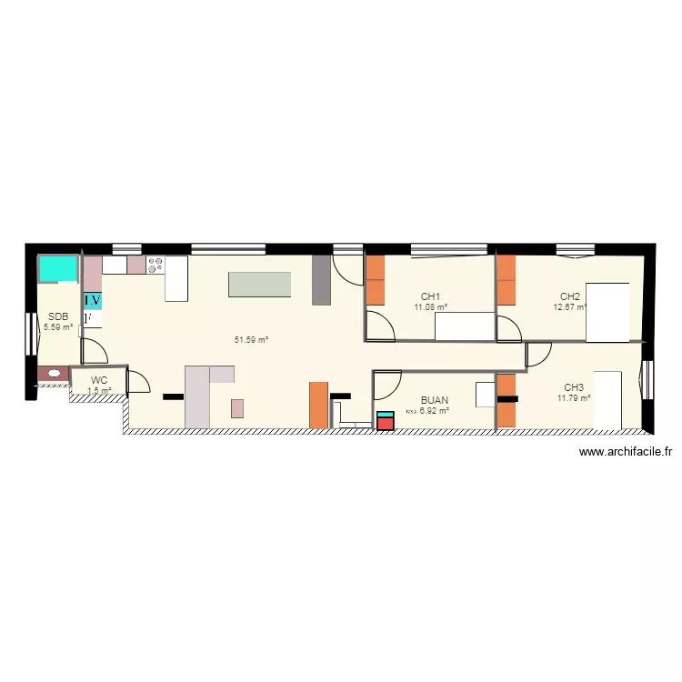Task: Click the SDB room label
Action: point(56,316)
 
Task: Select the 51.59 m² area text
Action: point(251,340)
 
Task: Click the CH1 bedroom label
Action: point(430,296)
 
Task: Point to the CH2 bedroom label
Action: point(570,296)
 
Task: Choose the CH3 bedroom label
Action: point(574,386)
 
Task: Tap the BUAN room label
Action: point(434,399)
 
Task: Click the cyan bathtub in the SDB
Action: point(58,268)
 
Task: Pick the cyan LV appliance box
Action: point(93,299)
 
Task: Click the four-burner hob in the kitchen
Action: point(155,266)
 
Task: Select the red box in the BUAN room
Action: point(386,422)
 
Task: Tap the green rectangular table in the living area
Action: point(260,284)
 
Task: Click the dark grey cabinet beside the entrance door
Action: point(321,279)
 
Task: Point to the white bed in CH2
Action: point(607,312)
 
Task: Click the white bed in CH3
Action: point(608,399)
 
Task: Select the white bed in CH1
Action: point(465,326)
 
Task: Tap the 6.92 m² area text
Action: point(435,411)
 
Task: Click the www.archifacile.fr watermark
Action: point(625,452)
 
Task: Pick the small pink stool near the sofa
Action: point(237,407)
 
